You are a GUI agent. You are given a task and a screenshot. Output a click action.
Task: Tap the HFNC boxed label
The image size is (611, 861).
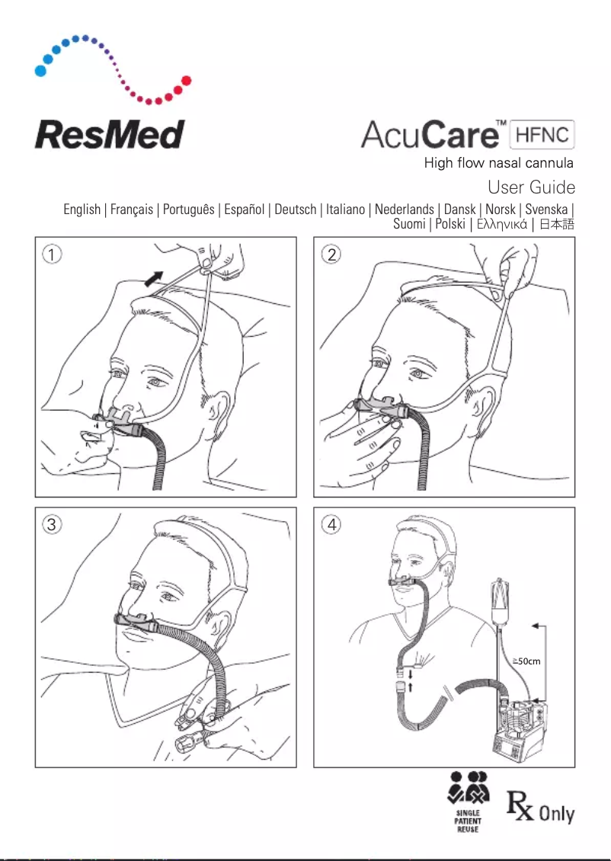click(543, 135)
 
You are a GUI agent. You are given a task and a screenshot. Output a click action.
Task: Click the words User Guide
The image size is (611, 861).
click(531, 187)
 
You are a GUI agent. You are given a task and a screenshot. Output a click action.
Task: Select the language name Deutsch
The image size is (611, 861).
click(295, 209)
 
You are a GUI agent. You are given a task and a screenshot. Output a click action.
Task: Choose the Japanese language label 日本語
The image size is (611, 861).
click(555, 224)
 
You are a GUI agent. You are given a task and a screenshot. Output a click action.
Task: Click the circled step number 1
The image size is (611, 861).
click(50, 254)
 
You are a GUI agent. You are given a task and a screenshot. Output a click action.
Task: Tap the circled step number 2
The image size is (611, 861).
click(330, 254)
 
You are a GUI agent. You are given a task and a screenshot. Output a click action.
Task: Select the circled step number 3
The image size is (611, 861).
click(50, 524)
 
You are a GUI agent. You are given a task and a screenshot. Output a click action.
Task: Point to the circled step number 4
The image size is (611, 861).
click(330, 524)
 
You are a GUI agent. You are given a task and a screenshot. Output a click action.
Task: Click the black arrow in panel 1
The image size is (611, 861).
click(154, 278)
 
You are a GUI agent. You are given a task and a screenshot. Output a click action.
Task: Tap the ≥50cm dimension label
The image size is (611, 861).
click(526, 661)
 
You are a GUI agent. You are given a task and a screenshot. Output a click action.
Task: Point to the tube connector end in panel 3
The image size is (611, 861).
click(185, 743)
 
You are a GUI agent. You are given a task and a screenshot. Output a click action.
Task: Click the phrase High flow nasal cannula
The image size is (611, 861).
click(498, 163)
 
